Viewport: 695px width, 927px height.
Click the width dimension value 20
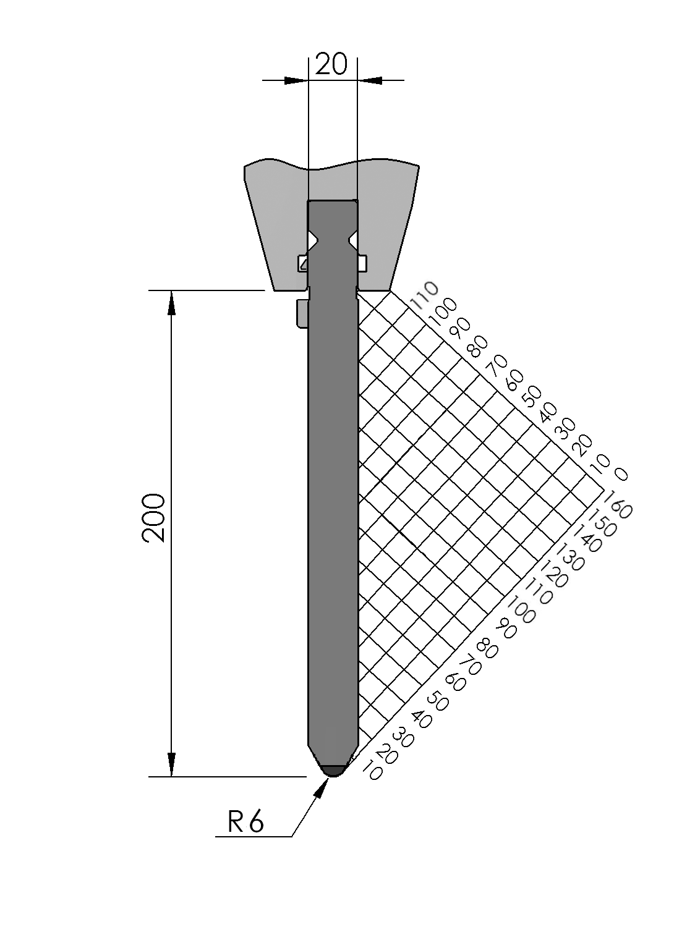point(331,64)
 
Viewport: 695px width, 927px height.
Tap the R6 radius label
point(245,822)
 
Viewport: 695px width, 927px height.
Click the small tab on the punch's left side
point(302,313)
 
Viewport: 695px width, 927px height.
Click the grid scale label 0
point(621,474)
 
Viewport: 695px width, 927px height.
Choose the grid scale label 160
point(618,504)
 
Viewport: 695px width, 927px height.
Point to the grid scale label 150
point(602,522)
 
